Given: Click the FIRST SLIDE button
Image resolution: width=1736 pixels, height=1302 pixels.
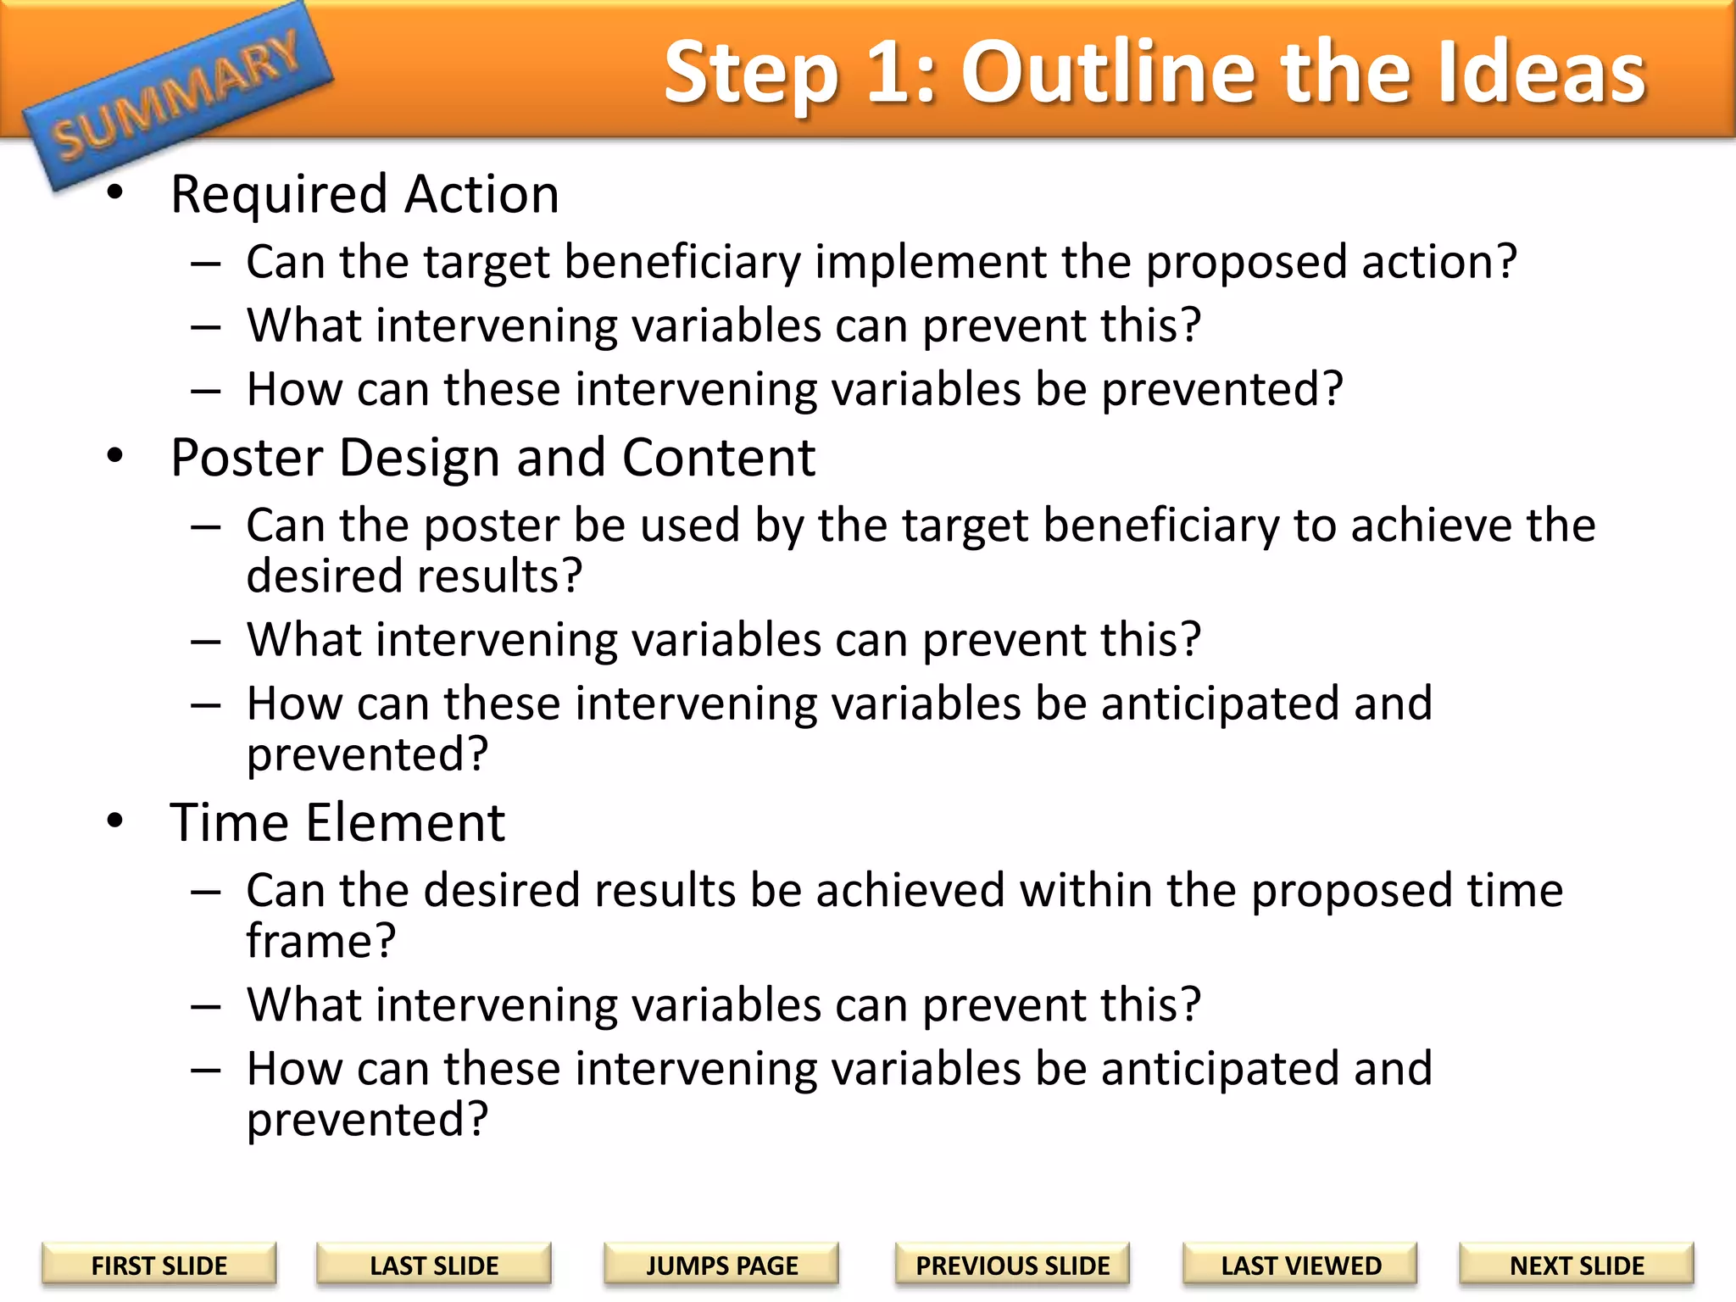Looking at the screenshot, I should pos(159,1265).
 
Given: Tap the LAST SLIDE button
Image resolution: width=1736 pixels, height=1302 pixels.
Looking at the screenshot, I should pos(433,1265).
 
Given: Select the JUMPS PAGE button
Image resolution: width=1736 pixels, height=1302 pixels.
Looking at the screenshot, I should pos(721,1265).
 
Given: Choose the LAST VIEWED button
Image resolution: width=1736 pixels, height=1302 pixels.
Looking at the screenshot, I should pos(1300,1265).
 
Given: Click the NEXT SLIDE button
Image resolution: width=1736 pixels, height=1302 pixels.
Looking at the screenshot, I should pos(1576,1265).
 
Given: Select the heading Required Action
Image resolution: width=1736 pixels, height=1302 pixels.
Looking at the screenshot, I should pos(364,194).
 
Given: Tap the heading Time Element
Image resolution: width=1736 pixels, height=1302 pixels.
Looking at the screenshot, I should pos(337,822).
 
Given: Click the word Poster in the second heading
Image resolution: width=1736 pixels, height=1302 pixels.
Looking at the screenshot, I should pos(247,458).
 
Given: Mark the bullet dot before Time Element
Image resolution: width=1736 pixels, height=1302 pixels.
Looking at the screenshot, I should pos(115,821).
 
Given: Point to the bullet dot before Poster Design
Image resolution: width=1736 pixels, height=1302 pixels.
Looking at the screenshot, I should pos(115,456).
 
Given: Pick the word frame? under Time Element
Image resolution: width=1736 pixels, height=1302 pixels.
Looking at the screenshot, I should pos(320,941).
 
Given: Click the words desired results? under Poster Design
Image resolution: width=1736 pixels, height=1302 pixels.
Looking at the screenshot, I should pos(414,576).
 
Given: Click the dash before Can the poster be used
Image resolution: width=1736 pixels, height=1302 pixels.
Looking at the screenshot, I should pos(206,527).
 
